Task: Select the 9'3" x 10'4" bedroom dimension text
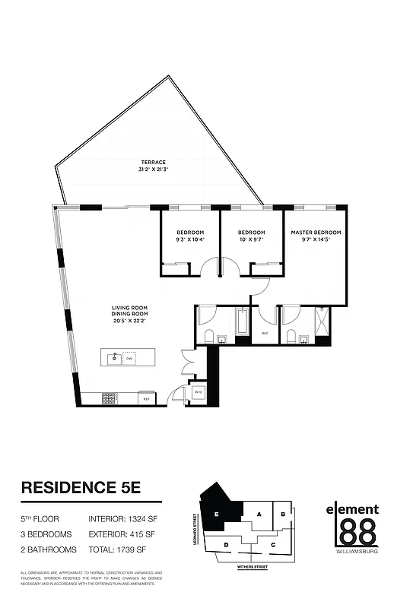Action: pyautogui.click(x=190, y=239)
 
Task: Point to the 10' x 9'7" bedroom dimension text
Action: pyautogui.click(x=251, y=239)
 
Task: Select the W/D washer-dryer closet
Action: pyautogui.click(x=197, y=392)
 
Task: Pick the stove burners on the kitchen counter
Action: pyautogui.click(x=109, y=397)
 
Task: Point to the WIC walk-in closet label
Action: pyautogui.click(x=265, y=332)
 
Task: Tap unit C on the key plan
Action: pyautogui.click(x=272, y=544)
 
